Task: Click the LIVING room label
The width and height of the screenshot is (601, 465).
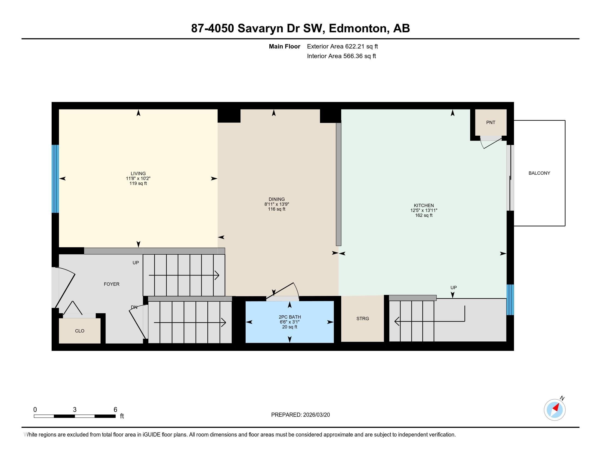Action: (x=138, y=173)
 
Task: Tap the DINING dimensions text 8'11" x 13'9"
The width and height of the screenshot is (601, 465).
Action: (x=276, y=204)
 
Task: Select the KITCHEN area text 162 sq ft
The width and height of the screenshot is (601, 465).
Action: (x=424, y=216)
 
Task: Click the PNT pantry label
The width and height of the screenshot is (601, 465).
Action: (x=491, y=123)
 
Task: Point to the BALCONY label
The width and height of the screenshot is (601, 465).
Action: (x=539, y=173)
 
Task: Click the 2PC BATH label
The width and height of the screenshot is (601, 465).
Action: (x=290, y=317)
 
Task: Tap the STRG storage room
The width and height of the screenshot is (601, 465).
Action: (x=363, y=319)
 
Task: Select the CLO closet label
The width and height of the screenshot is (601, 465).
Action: (x=79, y=331)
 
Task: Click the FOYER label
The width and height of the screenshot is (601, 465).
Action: (x=111, y=284)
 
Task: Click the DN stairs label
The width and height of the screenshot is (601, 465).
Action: (x=134, y=307)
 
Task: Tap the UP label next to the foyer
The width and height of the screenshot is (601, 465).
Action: (x=136, y=263)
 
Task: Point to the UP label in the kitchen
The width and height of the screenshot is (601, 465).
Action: (x=453, y=287)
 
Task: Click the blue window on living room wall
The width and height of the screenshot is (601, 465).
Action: (x=55, y=179)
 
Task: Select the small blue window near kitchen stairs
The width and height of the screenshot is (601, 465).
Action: (x=510, y=300)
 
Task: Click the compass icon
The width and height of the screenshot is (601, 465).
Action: (x=555, y=410)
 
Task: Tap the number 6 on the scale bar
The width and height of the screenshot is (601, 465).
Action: (x=115, y=409)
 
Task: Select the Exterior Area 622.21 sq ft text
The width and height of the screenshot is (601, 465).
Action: (x=342, y=47)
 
